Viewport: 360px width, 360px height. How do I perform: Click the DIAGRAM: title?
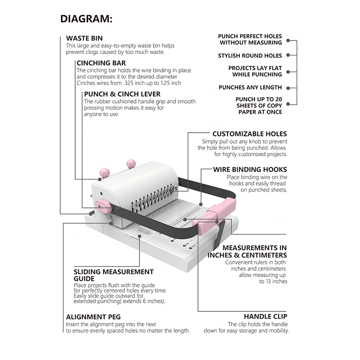coord(86,19)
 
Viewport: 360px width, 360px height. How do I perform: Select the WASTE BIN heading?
coord(84,38)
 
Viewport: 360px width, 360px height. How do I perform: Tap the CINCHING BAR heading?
coord(101,63)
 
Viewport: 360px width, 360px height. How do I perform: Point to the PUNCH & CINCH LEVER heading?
coord(122,94)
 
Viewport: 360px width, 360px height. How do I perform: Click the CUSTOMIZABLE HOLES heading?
coord(250,134)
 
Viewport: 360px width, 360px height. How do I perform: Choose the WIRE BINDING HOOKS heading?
coord(250,170)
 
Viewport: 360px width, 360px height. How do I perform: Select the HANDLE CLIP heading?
coord(265,316)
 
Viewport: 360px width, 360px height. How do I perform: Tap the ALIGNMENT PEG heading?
coord(93,317)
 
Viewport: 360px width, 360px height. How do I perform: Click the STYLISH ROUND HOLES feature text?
coord(250,55)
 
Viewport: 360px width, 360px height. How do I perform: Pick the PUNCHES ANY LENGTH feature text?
coord(250,87)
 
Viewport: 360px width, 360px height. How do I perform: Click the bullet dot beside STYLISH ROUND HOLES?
coord(288,55)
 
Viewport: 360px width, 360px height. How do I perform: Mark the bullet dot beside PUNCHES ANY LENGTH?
coord(288,88)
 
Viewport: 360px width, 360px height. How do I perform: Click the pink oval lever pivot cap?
coord(103,206)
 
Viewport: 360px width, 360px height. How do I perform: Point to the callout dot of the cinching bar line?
coord(100,179)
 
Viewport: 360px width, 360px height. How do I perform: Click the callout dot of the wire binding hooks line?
coord(201,204)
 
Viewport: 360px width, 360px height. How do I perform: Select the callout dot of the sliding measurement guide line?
coord(139,236)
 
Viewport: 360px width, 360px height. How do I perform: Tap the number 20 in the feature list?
coord(278,99)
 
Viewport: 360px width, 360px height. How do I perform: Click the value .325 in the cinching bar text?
coord(128,83)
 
